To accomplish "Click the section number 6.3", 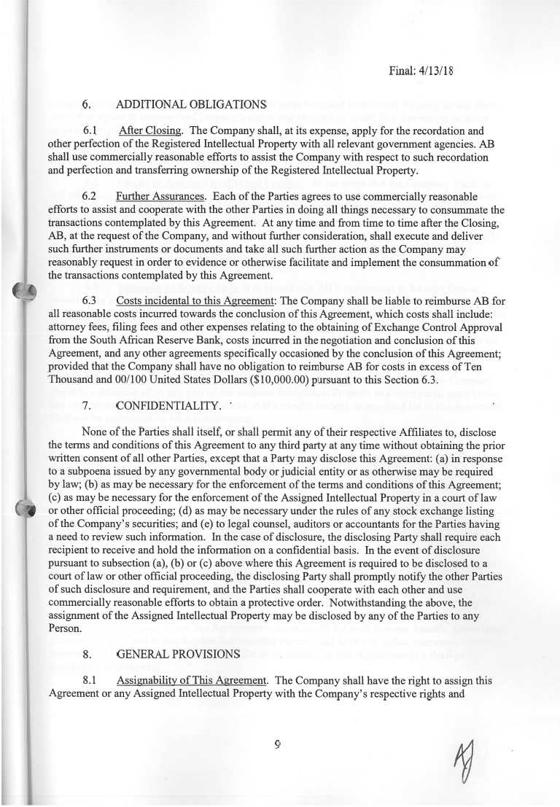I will tap(92, 301).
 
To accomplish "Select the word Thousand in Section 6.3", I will tap(73, 380).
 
